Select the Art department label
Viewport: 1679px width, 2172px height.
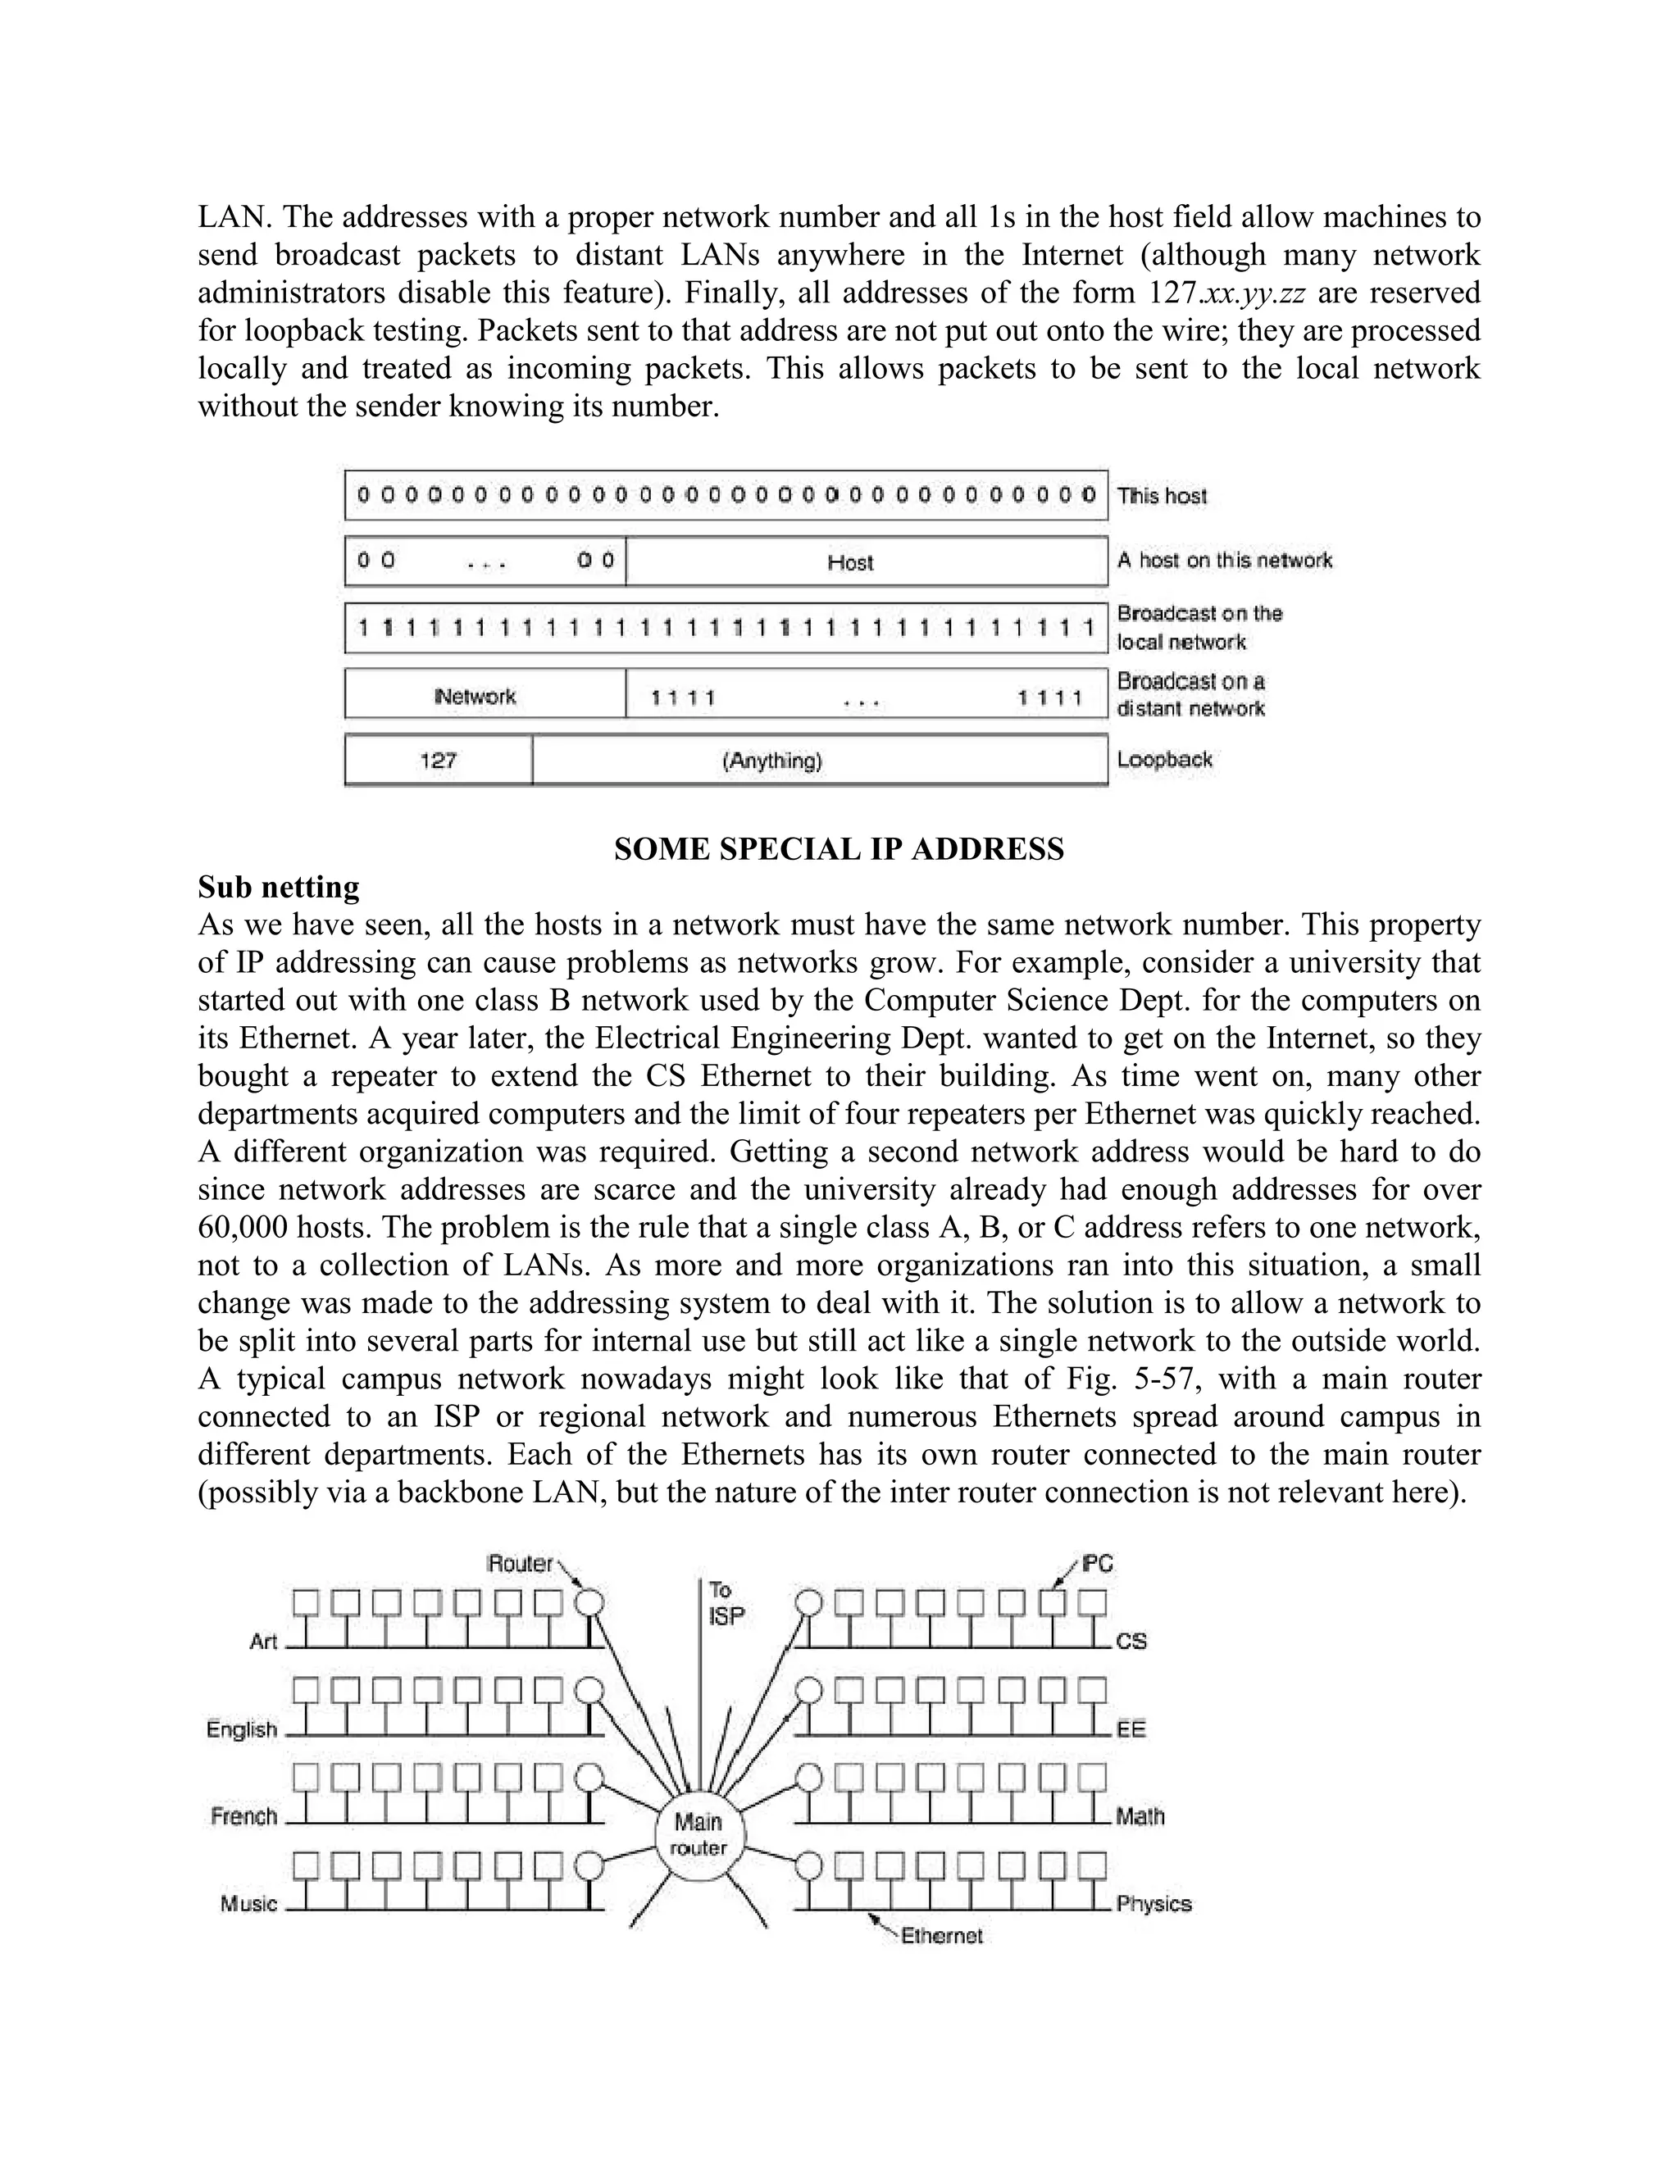tap(262, 1641)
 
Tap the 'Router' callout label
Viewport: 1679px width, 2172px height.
tap(519, 1563)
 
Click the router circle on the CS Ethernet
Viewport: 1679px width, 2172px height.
tap(811, 1602)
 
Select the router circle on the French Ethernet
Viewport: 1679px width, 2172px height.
tap(589, 1777)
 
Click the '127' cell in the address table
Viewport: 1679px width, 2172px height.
tap(438, 761)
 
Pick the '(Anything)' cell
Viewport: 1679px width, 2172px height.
tap(771, 761)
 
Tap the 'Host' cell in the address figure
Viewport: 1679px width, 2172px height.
tap(849, 563)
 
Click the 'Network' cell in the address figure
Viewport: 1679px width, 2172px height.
tap(475, 696)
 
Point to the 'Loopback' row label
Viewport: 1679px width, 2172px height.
tap(1164, 760)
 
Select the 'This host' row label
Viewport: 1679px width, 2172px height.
tap(1162, 495)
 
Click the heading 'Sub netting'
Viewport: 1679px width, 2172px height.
tap(279, 886)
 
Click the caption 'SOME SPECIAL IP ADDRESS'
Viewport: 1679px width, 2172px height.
tap(839, 849)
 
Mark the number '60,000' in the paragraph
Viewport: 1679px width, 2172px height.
tap(243, 1227)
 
